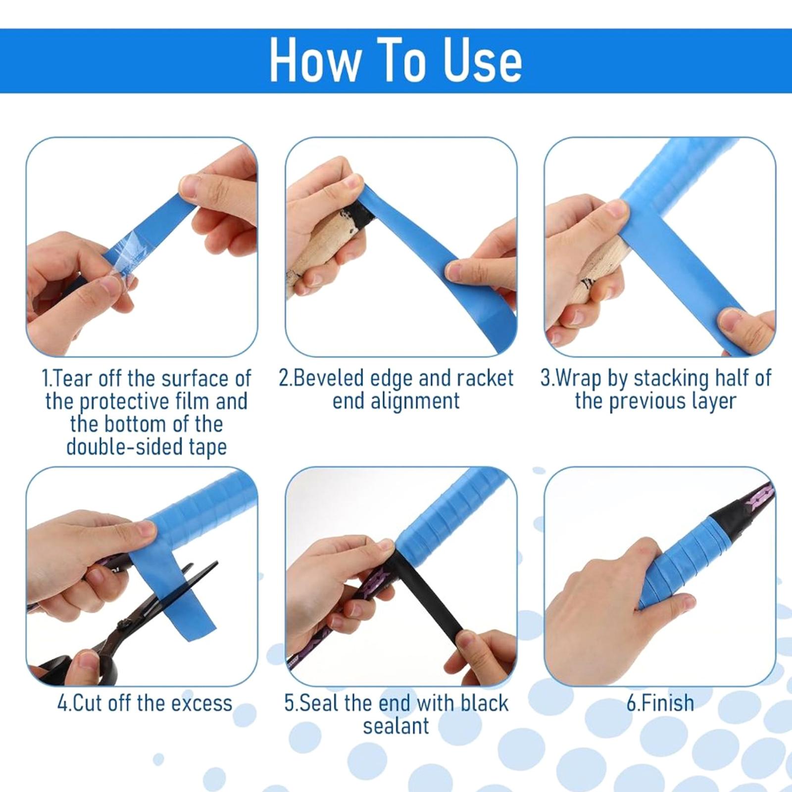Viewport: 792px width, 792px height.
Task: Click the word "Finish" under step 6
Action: (x=666, y=703)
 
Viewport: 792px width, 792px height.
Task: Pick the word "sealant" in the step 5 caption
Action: (x=396, y=726)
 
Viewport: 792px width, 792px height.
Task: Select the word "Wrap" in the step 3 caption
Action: (x=580, y=378)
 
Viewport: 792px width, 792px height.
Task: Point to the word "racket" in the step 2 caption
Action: (x=485, y=378)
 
